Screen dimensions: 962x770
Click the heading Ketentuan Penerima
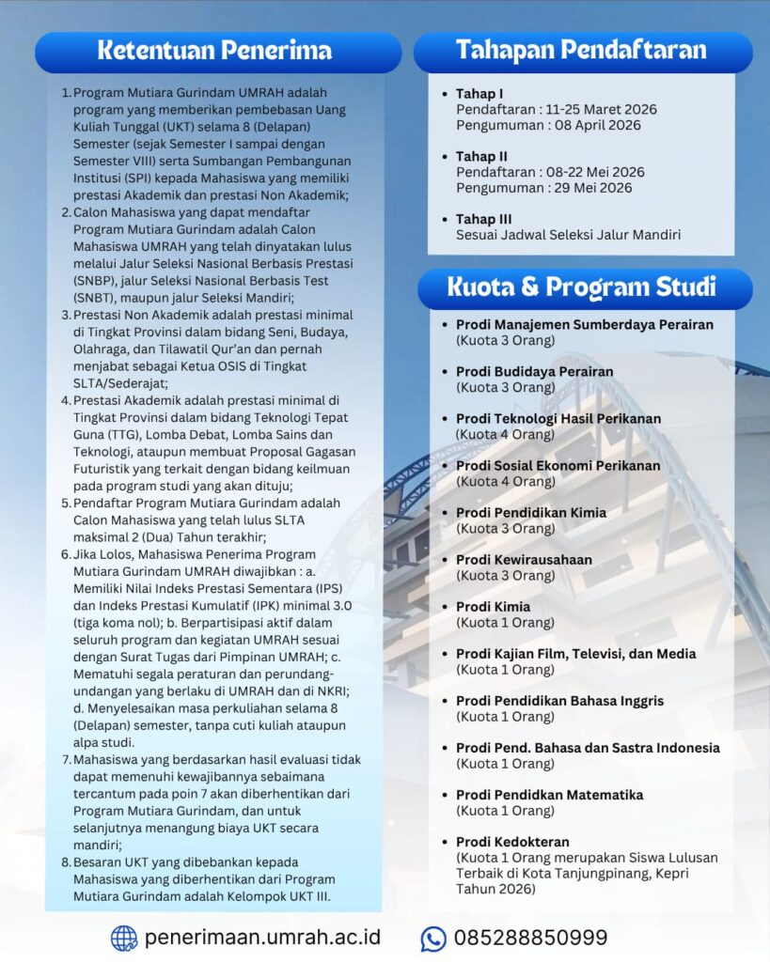pos(214,51)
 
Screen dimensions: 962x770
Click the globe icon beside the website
pos(124,938)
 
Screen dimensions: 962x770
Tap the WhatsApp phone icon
pos(433,938)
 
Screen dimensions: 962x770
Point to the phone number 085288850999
pos(530,938)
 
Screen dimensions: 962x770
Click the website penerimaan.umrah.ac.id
pos(262,938)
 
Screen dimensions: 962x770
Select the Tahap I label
pos(479,94)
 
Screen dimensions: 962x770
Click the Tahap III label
pos(483,219)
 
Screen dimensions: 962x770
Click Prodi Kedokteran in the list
pos(512,842)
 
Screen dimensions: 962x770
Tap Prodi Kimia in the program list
pos(493,607)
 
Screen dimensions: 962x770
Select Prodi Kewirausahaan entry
pos(524,560)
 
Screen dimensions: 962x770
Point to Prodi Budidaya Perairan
pos(534,371)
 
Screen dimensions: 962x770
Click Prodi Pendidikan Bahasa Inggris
pos(559,701)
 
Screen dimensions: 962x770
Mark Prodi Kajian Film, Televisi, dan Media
pos(575,654)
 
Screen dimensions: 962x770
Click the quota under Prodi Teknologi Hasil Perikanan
pos(505,434)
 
